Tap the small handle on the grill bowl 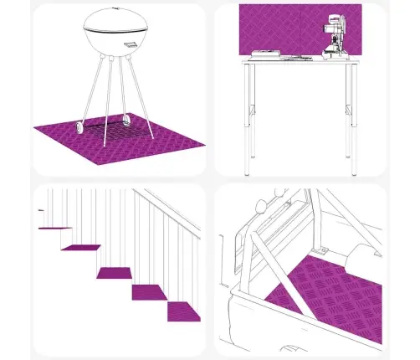point(131,45)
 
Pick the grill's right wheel point(126,120)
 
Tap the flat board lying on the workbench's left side point(266,55)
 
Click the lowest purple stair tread point(184,311)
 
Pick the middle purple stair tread point(115,272)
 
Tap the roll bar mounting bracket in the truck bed point(320,249)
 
